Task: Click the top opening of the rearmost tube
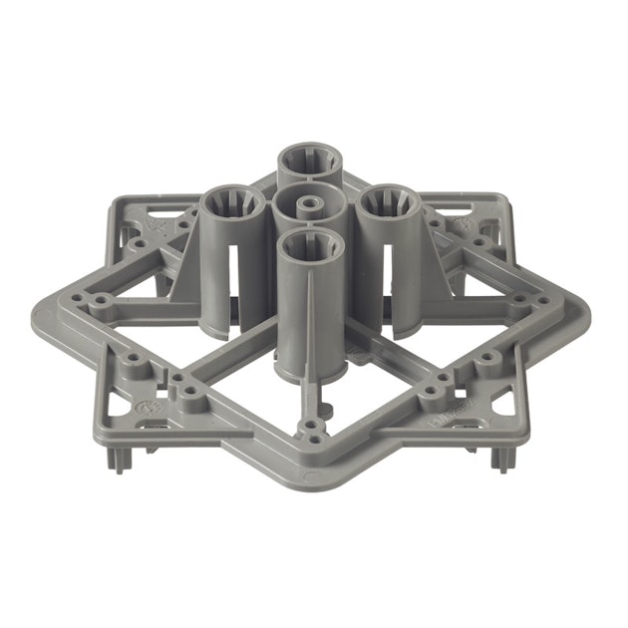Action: tap(309, 160)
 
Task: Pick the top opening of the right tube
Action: tap(388, 205)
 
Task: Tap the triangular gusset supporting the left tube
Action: tap(184, 275)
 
